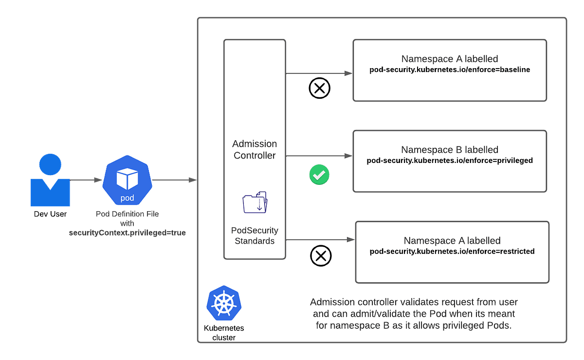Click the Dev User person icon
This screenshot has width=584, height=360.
click(x=51, y=180)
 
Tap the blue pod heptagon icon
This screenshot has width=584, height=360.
click(x=127, y=181)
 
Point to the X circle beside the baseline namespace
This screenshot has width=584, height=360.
click(x=320, y=89)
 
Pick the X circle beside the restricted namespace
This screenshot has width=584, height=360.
click(x=321, y=256)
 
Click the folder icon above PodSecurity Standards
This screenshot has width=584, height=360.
click(x=255, y=202)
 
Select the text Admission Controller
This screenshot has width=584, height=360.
click(x=255, y=150)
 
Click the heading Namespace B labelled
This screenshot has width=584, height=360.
click(x=450, y=150)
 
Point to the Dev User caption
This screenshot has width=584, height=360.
click(x=51, y=214)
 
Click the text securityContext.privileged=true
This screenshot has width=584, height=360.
click(x=127, y=233)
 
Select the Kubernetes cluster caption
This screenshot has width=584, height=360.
click(x=224, y=333)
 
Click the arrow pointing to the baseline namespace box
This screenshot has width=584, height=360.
click(x=319, y=73)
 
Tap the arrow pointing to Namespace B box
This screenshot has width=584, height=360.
click(x=319, y=156)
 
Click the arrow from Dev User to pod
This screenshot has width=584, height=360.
click(x=86, y=180)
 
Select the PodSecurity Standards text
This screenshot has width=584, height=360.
click(x=255, y=235)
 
